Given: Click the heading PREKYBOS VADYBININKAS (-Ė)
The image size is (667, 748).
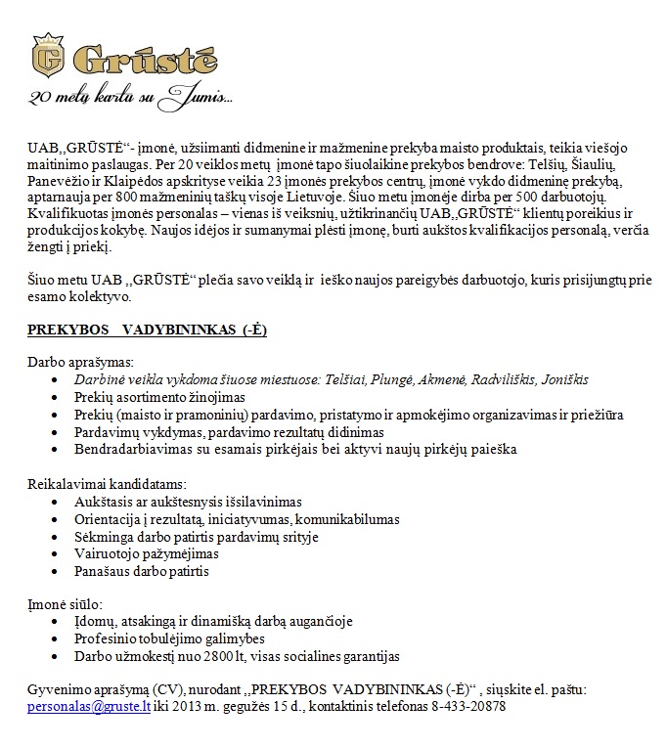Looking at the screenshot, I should pyautogui.click(x=147, y=330).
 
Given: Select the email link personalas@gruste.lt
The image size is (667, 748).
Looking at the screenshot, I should pyautogui.click(x=89, y=706).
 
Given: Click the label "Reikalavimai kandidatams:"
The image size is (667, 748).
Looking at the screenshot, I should pyautogui.click(x=107, y=484).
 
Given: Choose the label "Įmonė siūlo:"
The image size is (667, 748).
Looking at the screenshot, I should pyautogui.click(x=65, y=604).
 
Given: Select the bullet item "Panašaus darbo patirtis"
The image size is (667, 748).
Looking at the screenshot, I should pyautogui.click(x=142, y=571).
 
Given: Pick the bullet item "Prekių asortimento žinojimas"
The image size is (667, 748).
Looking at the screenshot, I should pyautogui.click(x=159, y=397).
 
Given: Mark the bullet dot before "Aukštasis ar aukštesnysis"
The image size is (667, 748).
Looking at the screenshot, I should pyautogui.click(x=55, y=502).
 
